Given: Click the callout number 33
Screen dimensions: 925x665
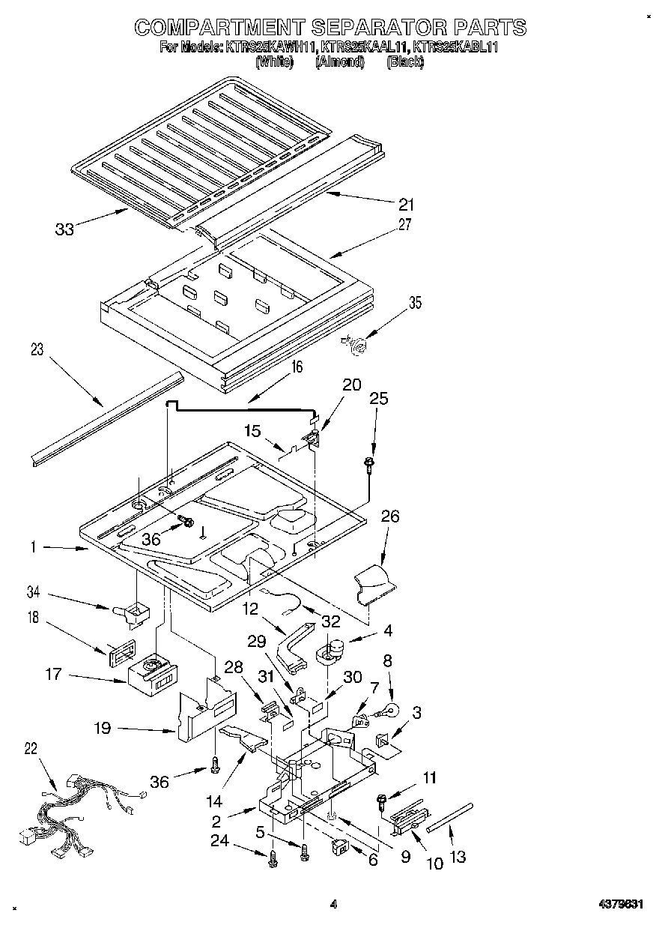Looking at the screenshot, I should tap(64, 229).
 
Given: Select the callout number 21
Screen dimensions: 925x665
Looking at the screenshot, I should tap(406, 204).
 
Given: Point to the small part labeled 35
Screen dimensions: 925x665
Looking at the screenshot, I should tap(358, 346).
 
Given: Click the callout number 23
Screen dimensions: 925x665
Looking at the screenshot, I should tap(37, 349).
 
